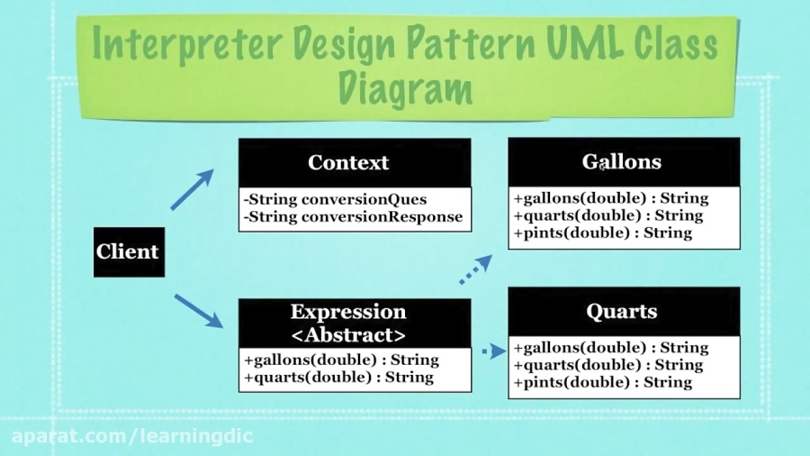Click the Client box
coord(129,251)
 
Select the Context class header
coord(348,163)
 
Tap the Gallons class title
coord(622,162)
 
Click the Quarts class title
coord(622,312)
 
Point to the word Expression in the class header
coord(348,312)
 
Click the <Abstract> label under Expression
coord(348,335)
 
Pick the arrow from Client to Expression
coord(198,310)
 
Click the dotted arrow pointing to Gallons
coord(476,269)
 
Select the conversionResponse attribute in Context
coord(353,216)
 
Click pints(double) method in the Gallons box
coord(602,233)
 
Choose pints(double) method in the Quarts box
coord(602,382)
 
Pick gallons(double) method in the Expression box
coord(341,360)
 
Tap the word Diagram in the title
coord(405,88)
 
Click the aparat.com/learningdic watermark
coord(132,436)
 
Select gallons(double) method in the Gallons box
coord(610,198)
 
